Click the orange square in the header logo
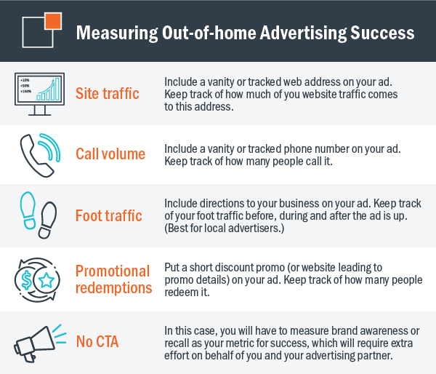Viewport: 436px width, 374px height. [53, 21]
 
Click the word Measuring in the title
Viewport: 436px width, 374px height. [117, 33]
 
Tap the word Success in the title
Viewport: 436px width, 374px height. [382, 33]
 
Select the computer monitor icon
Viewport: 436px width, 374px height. [39, 94]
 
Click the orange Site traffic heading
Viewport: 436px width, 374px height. [108, 93]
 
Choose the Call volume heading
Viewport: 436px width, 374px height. [110, 154]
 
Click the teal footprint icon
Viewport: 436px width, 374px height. [28, 210]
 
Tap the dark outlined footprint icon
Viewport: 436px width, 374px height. [47, 220]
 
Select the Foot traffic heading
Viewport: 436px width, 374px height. [109, 215]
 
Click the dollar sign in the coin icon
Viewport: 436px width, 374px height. [26, 280]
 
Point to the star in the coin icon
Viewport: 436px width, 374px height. [47, 280]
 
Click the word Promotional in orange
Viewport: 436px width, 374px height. [113, 271]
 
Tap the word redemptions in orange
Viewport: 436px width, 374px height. [114, 287]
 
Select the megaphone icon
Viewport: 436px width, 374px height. [40, 343]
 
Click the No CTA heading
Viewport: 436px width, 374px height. [97, 341]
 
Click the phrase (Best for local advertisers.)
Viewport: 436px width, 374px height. [225, 228]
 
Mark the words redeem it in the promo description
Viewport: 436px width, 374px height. [187, 292]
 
